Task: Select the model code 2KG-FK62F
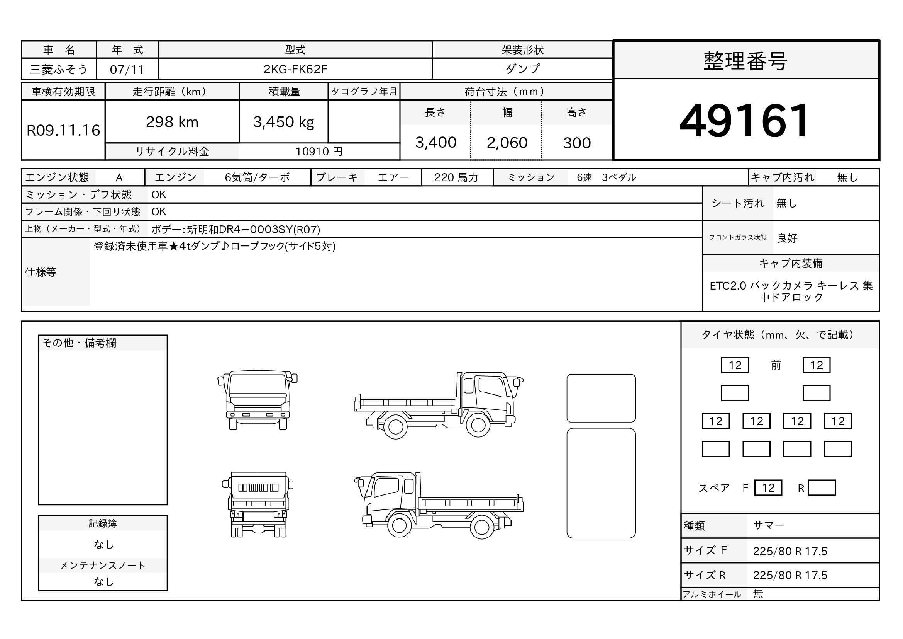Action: tap(295, 69)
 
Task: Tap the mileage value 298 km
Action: tap(172, 122)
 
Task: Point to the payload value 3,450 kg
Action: tap(284, 123)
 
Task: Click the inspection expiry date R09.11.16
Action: tap(63, 130)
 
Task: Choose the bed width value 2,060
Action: tap(507, 143)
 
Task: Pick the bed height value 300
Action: tap(577, 143)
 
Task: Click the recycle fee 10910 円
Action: tap(319, 152)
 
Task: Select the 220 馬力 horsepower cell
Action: tap(456, 177)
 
